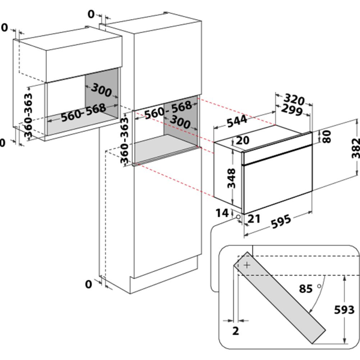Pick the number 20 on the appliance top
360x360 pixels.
point(227,140)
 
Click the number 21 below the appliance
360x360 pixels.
point(254,219)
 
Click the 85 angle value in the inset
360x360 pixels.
point(306,289)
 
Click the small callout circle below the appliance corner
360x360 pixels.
point(238,217)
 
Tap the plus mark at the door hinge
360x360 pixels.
point(245,263)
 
